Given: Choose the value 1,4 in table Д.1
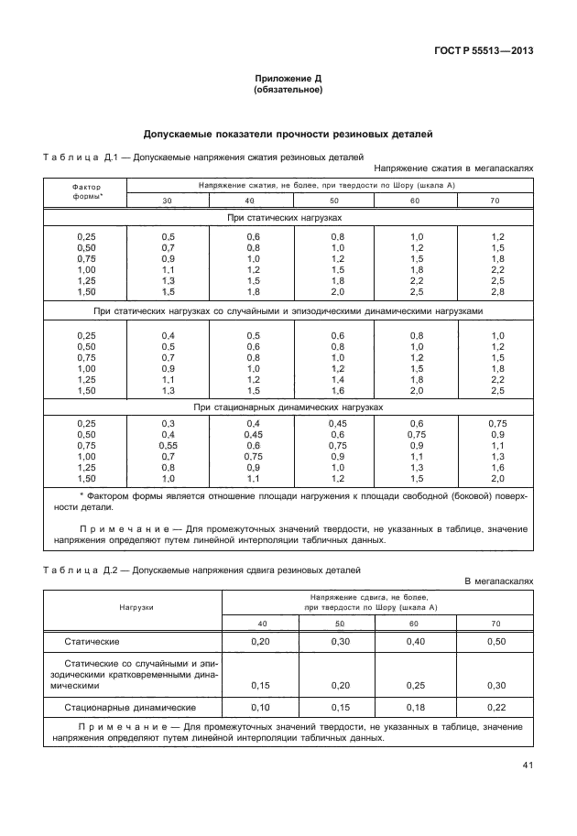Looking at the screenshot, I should tap(337, 378).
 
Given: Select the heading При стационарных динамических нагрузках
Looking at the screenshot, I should tap(288, 407).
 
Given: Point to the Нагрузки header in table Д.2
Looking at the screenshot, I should tap(135, 606).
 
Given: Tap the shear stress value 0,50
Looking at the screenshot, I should tap(495, 642).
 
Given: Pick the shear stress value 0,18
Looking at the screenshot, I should tap(417, 707).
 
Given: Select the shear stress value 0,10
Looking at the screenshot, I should tap(260, 707).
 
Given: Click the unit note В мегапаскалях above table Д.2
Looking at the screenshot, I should tap(498, 581).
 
